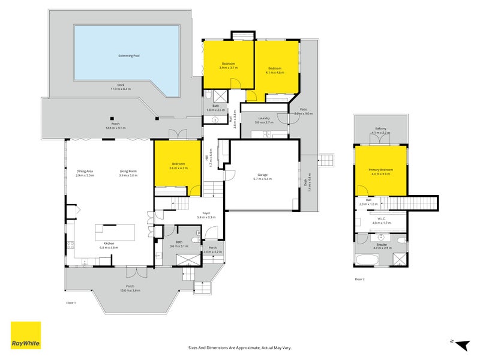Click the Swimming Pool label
click(128, 56)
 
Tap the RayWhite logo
click(26, 335)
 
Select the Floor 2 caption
click(359, 279)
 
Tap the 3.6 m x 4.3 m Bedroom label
click(178, 165)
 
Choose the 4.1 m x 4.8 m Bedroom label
click(275, 70)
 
